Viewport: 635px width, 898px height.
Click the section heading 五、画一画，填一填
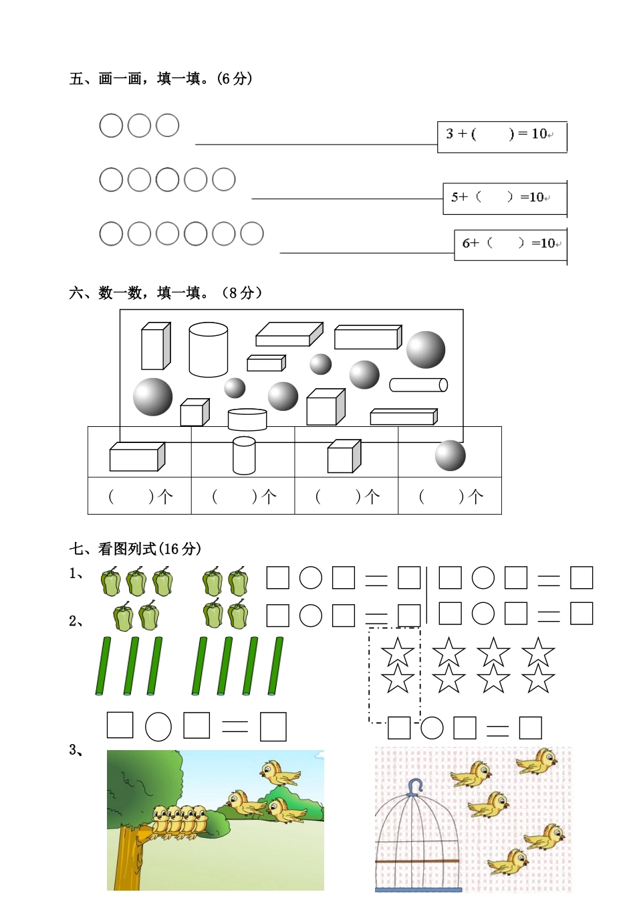pyautogui.click(x=160, y=79)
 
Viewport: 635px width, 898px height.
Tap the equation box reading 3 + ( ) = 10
pyautogui.click(x=501, y=136)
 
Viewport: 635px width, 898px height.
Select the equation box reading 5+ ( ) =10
pyautogui.click(x=504, y=198)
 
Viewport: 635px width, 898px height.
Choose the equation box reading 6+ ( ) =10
pyautogui.click(x=510, y=244)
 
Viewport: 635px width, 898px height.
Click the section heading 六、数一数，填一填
pyautogui.click(x=165, y=293)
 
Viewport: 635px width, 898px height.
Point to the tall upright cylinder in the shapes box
pyautogui.click(x=209, y=349)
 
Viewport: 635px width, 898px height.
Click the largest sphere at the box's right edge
pyautogui.click(x=426, y=349)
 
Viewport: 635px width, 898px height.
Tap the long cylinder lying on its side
pyautogui.click(x=418, y=385)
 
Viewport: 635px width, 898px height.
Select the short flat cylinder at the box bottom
pyautogui.click(x=247, y=420)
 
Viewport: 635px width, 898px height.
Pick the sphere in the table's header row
pyautogui.click(x=450, y=456)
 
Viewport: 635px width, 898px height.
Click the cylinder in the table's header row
pyautogui.click(x=244, y=455)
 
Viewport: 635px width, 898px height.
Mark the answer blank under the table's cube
pyautogui.click(x=346, y=497)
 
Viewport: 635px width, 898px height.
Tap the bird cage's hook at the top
pyautogui.click(x=416, y=786)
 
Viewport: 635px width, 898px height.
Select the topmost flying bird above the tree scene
pyautogui.click(x=280, y=773)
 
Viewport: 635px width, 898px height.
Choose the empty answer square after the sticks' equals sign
pyautogui.click(x=273, y=727)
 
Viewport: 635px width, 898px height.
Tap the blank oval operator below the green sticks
pyautogui.click(x=158, y=727)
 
